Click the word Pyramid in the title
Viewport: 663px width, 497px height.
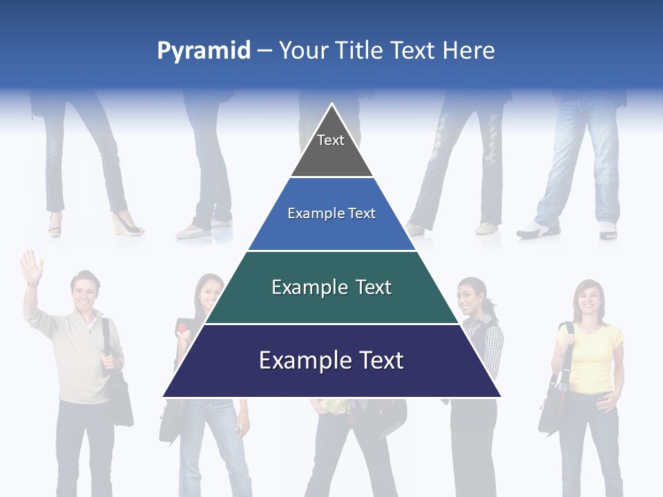[x=203, y=51]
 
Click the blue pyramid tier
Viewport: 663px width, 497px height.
[x=331, y=214]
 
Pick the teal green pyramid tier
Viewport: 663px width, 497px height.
[x=331, y=287]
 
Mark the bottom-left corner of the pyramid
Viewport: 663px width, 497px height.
[x=164, y=396]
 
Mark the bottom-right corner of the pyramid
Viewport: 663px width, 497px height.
[x=501, y=396]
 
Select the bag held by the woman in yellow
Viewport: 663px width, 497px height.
[x=552, y=407]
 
